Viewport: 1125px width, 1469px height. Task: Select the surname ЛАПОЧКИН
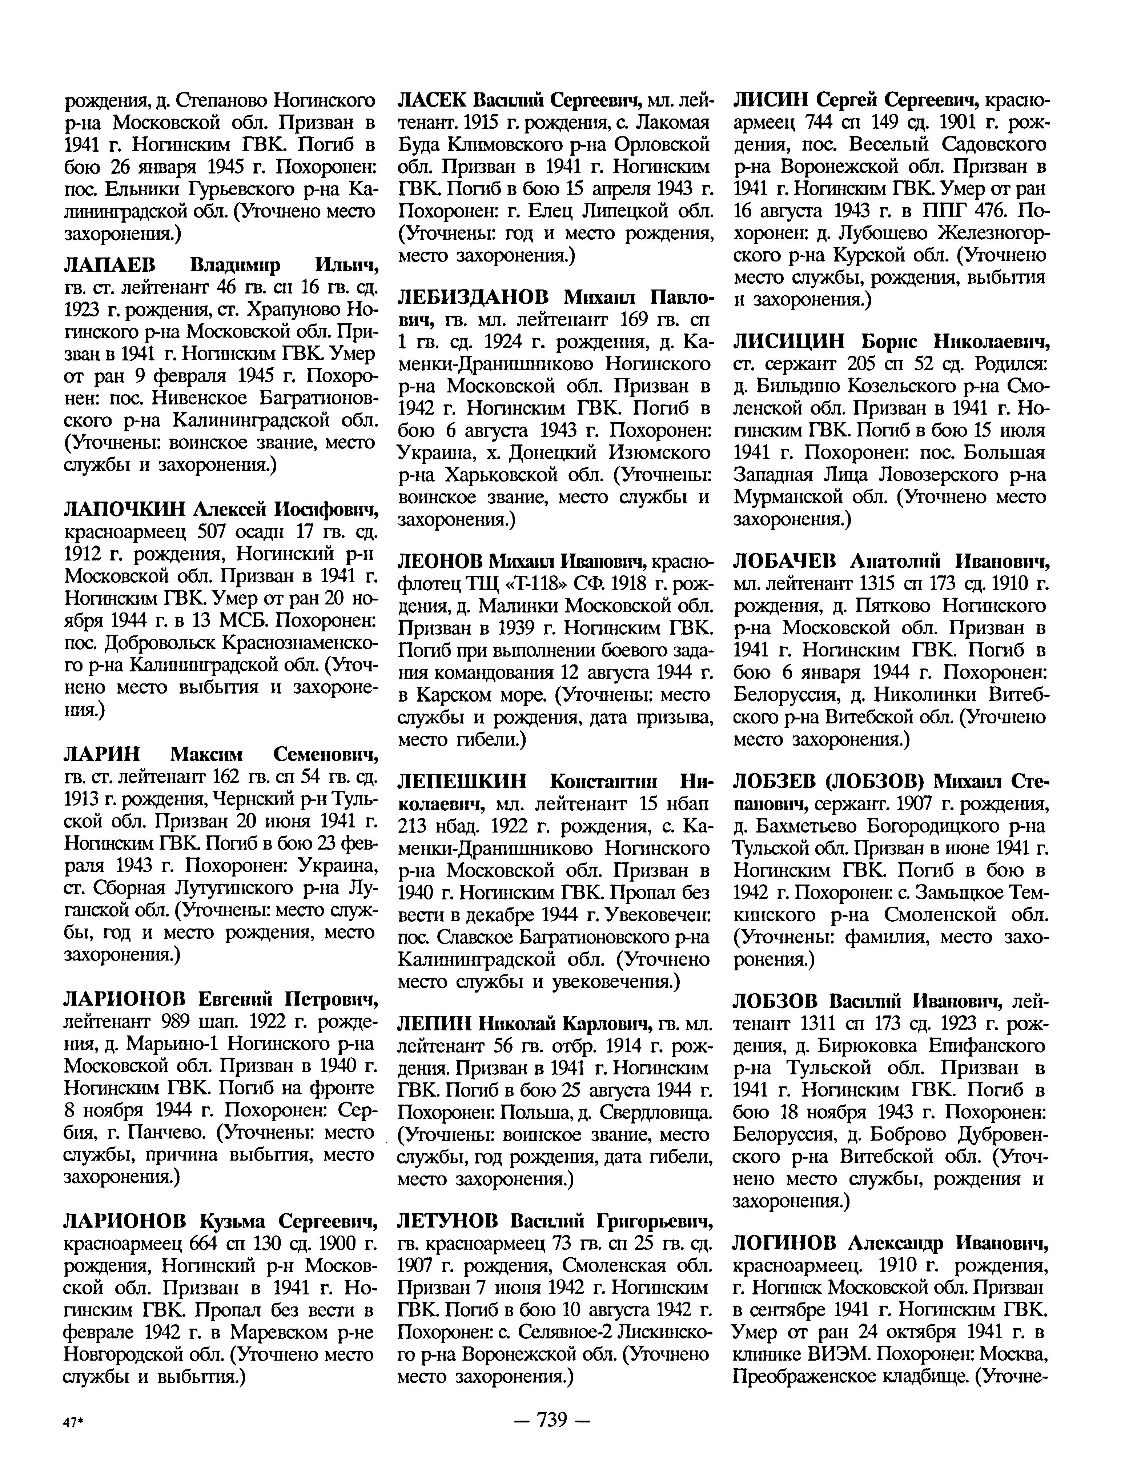[123, 510]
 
